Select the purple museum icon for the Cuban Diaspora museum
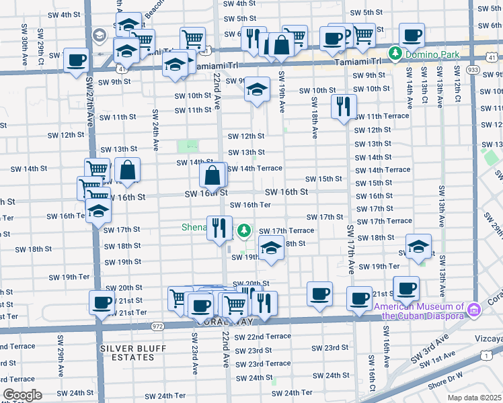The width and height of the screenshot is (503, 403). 474,310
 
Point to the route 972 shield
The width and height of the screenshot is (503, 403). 157,326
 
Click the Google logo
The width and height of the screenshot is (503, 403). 22,395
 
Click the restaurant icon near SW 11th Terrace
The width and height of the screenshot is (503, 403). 344,105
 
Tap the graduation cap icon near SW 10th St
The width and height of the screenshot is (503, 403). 256,89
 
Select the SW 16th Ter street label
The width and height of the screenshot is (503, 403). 251,205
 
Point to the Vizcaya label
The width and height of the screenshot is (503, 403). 490,339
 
